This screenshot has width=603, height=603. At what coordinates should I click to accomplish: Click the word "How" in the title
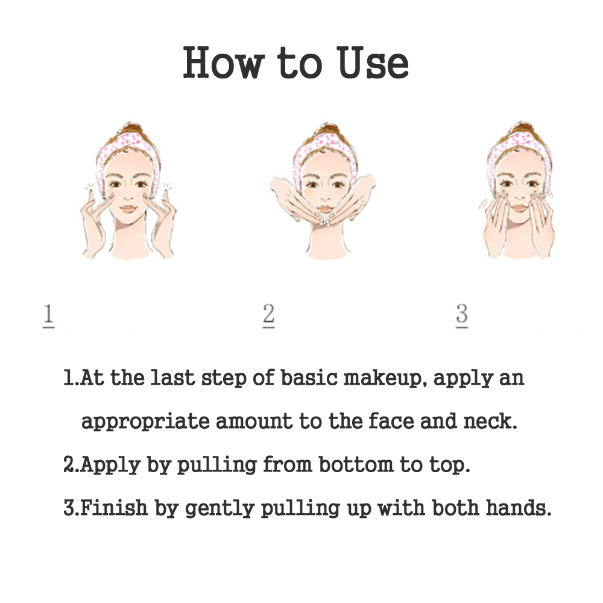(x=224, y=63)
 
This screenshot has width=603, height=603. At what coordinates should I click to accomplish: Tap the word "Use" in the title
(x=372, y=63)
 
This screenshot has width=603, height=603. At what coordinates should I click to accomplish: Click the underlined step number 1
(x=48, y=316)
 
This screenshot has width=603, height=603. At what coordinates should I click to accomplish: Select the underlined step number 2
(x=268, y=316)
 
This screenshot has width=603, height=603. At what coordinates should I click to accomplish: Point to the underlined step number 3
(x=462, y=316)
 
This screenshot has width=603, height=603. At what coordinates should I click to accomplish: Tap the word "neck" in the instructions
(x=490, y=421)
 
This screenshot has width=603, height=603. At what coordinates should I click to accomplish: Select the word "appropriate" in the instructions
(x=145, y=422)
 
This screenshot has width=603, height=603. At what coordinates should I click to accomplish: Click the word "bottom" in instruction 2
(x=356, y=464)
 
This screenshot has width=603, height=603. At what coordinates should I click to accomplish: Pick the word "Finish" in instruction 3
(x=114, y=508)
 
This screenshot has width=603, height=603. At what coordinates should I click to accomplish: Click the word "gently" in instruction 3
(x=219, y=509)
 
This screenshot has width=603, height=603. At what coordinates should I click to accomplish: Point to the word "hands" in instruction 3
(x=519, y=508)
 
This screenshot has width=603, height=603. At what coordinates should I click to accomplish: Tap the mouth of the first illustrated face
(x=128, y=209)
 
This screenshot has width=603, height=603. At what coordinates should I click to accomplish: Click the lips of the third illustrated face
(x=520, y=208)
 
